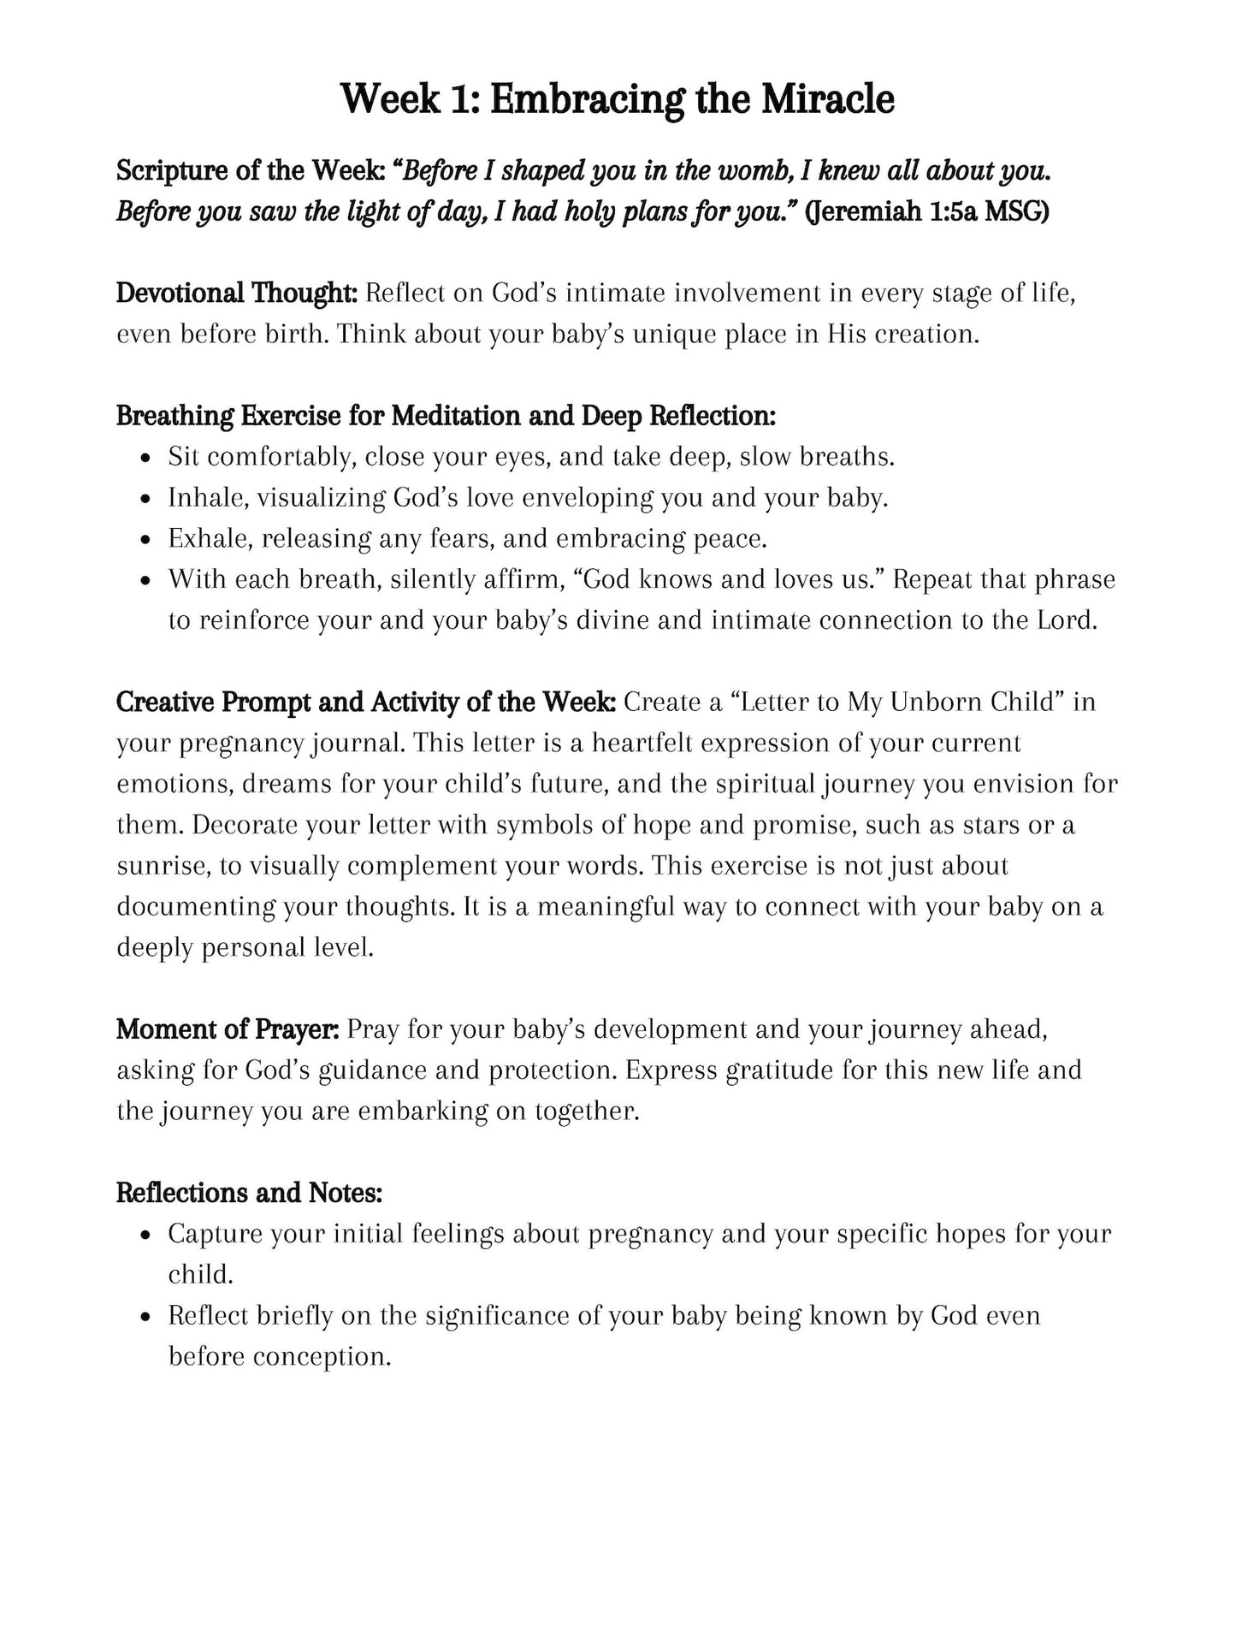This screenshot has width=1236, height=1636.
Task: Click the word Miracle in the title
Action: (827, 99)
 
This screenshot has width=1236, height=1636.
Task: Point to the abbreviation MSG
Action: (1015, 211)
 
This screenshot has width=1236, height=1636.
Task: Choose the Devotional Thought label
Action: (236, 293)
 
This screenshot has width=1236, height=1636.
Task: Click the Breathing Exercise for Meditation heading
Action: (446, 416)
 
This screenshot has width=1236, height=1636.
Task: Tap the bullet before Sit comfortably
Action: (148, 458)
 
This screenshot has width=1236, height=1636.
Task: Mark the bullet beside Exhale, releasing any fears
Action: (148, 540)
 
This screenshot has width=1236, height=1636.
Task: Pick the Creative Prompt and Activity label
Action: (365, 702)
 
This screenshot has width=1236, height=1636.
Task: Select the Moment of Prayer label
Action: (228, 1029)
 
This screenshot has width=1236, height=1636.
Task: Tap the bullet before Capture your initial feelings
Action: (148, 1236)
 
